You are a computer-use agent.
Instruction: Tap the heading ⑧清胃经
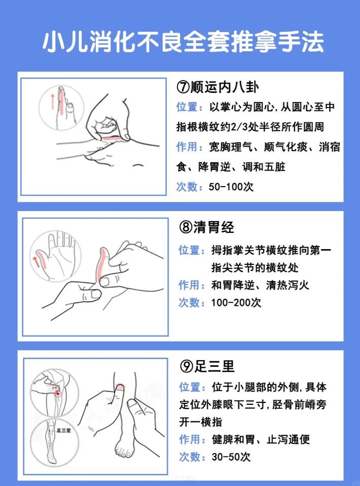point(206,227)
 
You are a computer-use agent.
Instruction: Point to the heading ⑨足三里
point(207,366)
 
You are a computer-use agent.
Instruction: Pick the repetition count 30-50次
point(231,457)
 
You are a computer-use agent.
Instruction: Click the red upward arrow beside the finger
point(51,102)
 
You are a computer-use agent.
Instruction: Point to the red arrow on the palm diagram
point(36,262)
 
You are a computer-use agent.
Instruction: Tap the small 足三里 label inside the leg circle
point(63,430)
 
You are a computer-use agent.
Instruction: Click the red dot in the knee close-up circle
point(58,393)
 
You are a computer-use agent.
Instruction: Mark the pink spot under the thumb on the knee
point(120,388)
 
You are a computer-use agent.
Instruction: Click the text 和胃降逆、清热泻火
point(260,285)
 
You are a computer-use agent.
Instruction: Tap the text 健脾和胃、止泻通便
point(260,439)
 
